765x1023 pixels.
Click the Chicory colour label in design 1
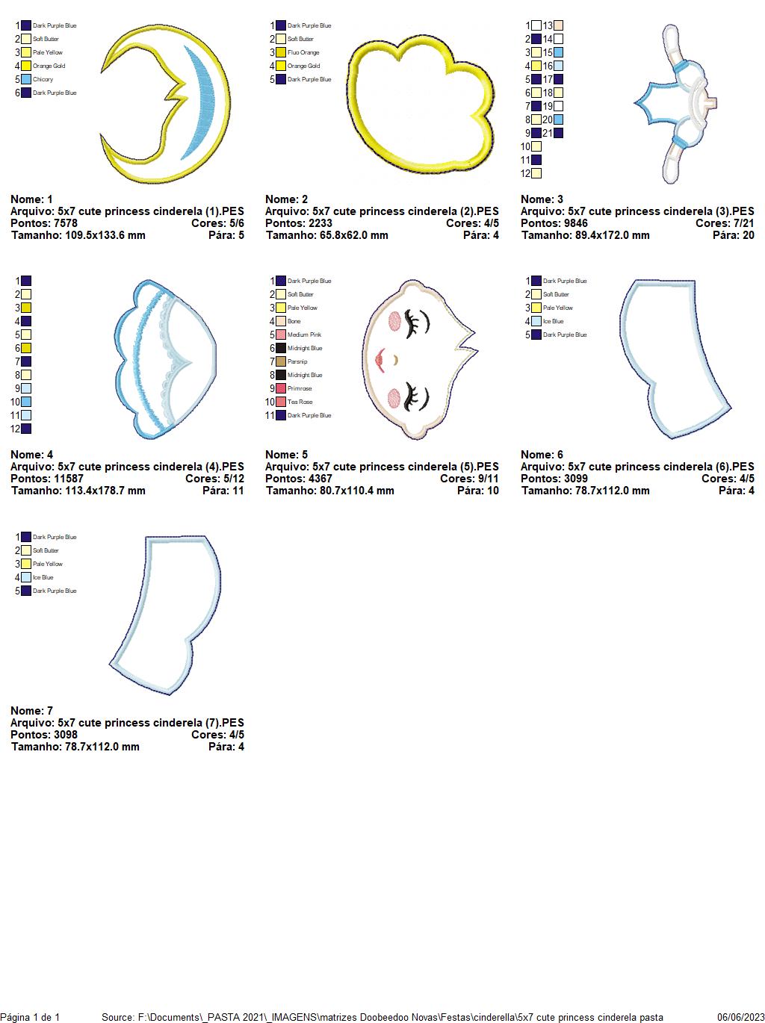43,79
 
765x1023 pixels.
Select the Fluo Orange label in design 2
303,52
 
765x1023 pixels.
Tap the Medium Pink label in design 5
305,335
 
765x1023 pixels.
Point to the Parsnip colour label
297,361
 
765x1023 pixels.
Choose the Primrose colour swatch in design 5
281,388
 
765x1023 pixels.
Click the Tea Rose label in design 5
300,402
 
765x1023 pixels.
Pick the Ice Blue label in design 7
43,577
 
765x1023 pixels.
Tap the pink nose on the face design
380,360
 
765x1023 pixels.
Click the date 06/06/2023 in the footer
740,1017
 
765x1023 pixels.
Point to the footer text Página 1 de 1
30,1017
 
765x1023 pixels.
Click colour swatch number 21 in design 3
559,133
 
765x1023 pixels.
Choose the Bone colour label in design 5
294,321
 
